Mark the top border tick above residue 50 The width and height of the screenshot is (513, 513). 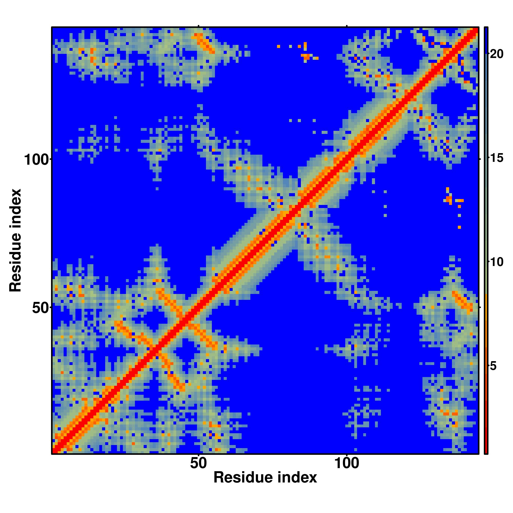(x=199, y=26)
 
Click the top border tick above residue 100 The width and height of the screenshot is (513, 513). (x=347, y=26)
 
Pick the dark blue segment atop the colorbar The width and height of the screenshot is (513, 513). (x=486, y=40)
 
